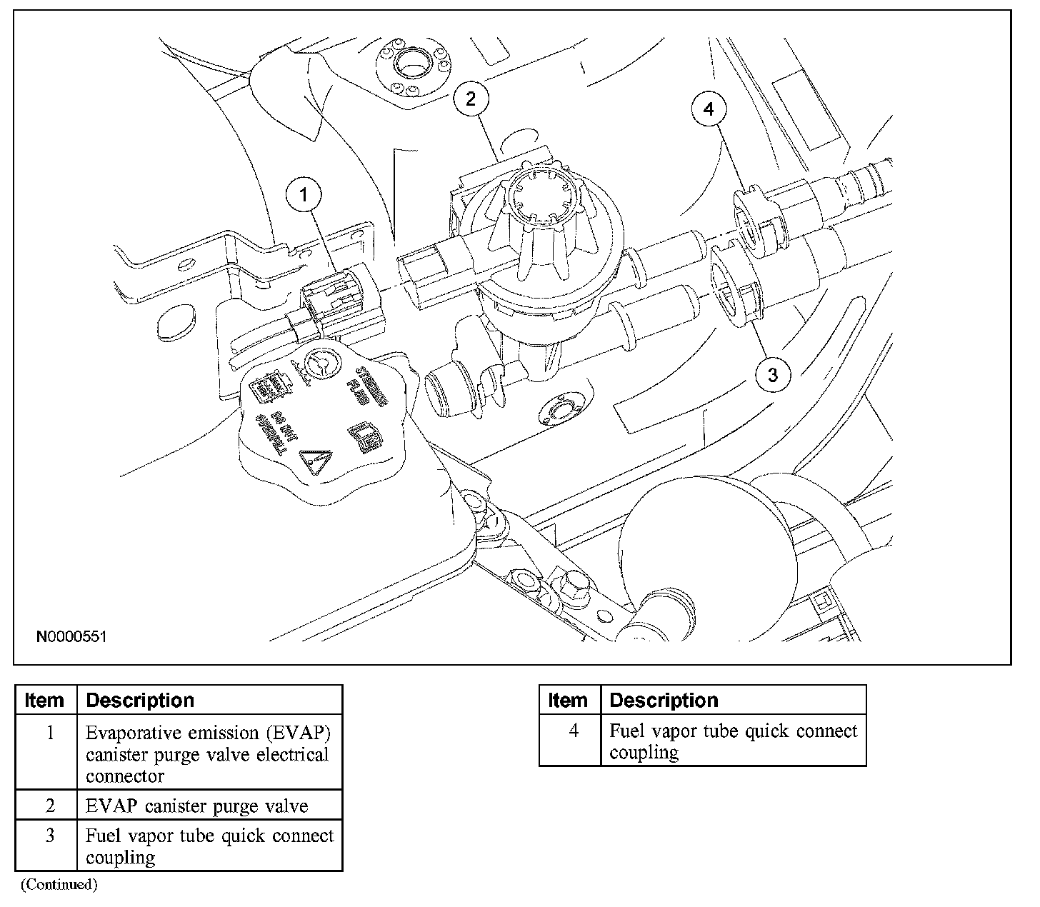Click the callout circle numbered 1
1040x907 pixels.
coord(305,194)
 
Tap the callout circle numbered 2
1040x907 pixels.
coord(471,99)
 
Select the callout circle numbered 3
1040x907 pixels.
coord(774,374)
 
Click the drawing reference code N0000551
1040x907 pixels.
coord(71,636)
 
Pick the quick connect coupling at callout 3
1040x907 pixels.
coord(734,293)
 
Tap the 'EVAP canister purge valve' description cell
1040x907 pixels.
coord(197,806)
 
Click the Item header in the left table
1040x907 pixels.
coord(44,700)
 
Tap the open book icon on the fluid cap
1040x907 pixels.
coord(362,436)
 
